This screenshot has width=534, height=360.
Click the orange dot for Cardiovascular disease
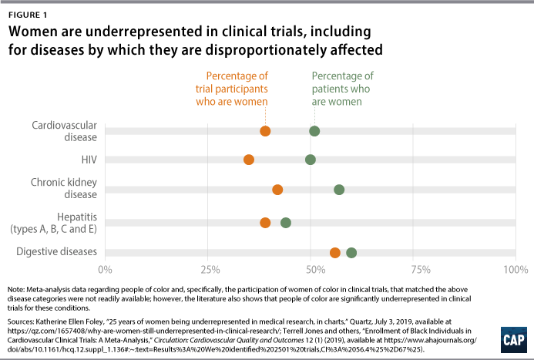[265, 131]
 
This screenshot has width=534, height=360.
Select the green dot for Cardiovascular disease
[314, 131]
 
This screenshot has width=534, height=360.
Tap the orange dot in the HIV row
[249, 160]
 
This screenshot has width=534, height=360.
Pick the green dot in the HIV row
[310, 160]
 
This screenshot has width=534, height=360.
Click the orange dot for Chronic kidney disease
[277, 190]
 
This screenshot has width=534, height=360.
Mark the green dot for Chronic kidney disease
[339, 190]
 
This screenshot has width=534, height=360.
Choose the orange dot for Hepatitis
[265, 223]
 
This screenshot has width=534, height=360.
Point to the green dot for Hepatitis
[286, 223]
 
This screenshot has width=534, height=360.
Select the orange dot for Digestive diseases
[335, 253]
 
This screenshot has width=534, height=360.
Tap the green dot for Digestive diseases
[351, 253]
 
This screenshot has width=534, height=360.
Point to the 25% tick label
[208, 270]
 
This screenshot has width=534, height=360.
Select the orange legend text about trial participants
[237, 89]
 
